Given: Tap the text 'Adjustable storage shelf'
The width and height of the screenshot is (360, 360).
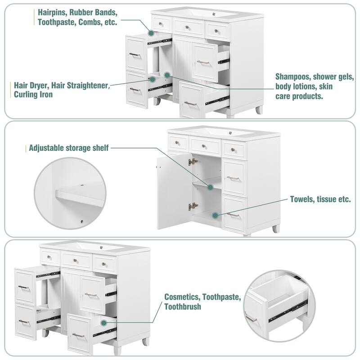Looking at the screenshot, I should tap(68, 148).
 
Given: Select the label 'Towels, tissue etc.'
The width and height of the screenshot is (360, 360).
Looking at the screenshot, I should tap(320, 199).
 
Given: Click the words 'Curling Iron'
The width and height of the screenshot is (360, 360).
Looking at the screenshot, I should tap(33, 94).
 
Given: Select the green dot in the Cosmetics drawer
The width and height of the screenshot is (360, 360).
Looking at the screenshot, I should tap(104, 322).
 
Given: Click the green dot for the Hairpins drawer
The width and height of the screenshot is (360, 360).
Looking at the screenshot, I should tap(151, 33).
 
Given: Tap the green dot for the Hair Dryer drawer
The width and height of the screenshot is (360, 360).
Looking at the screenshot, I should tap(153, 79).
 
